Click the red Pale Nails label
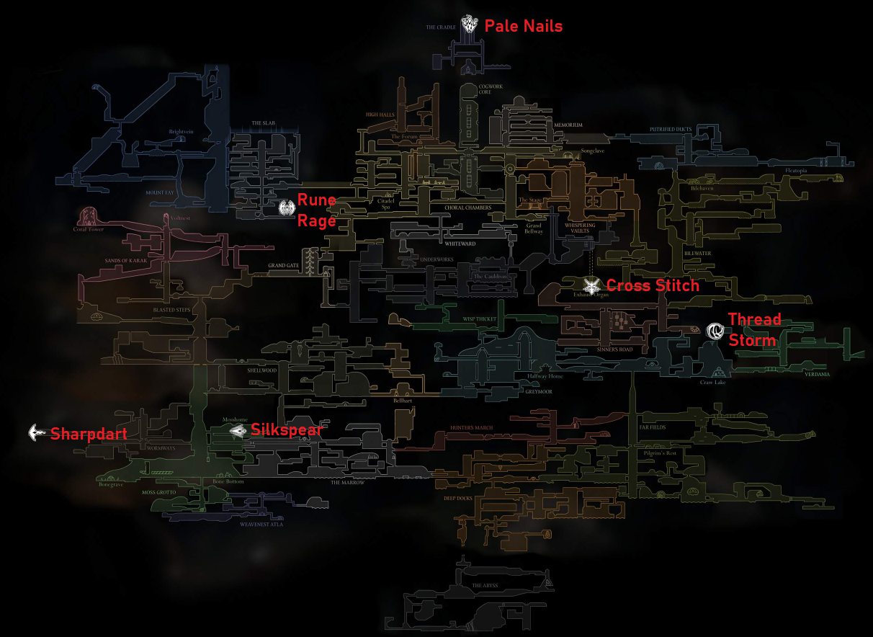pos(523,26)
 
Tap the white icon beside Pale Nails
pos(470,24)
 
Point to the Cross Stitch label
pos(653,285)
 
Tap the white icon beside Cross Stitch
pos(592,285)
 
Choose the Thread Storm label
pos(753,330)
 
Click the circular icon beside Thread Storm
pos(715,331)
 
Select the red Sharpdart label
pos(89,434)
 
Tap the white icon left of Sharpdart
pos(37,432)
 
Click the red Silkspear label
pos(286,430)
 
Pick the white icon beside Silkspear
pos(238,431)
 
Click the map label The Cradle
pos(441,27)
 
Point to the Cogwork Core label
pos(490,89)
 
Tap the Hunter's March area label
pos(471,428)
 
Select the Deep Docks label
pos(458,497)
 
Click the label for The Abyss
pos(485,586)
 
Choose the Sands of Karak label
pos(125,260)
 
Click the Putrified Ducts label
pos(671,130)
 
